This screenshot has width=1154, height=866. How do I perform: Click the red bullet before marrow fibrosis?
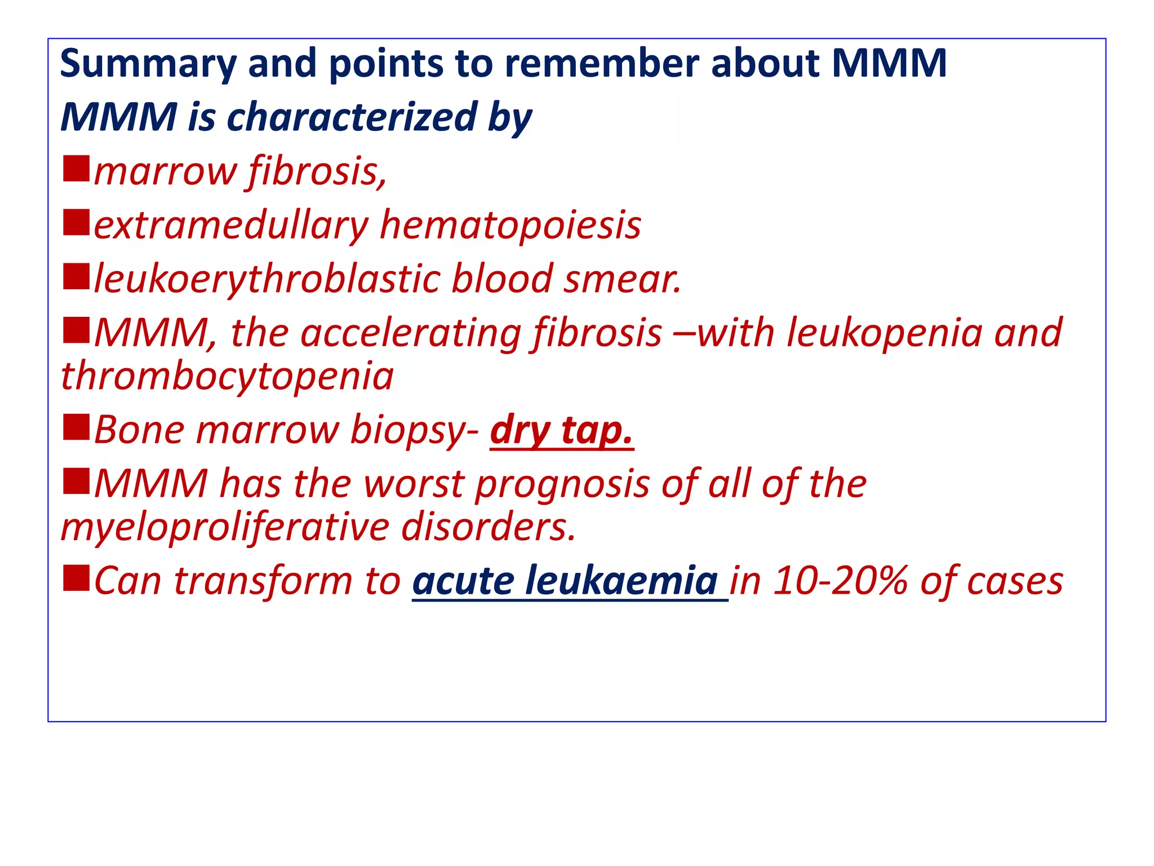pos(76,169)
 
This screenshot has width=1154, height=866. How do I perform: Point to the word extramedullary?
pos(230,226)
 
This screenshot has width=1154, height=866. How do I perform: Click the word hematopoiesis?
pos(510,226)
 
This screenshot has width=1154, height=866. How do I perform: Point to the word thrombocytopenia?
pos(227,377)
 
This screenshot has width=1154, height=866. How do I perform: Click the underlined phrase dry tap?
pos(561,430)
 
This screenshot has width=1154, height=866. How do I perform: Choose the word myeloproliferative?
pos(225,528)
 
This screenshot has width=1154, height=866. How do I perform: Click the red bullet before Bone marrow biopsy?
pos(76,427)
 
